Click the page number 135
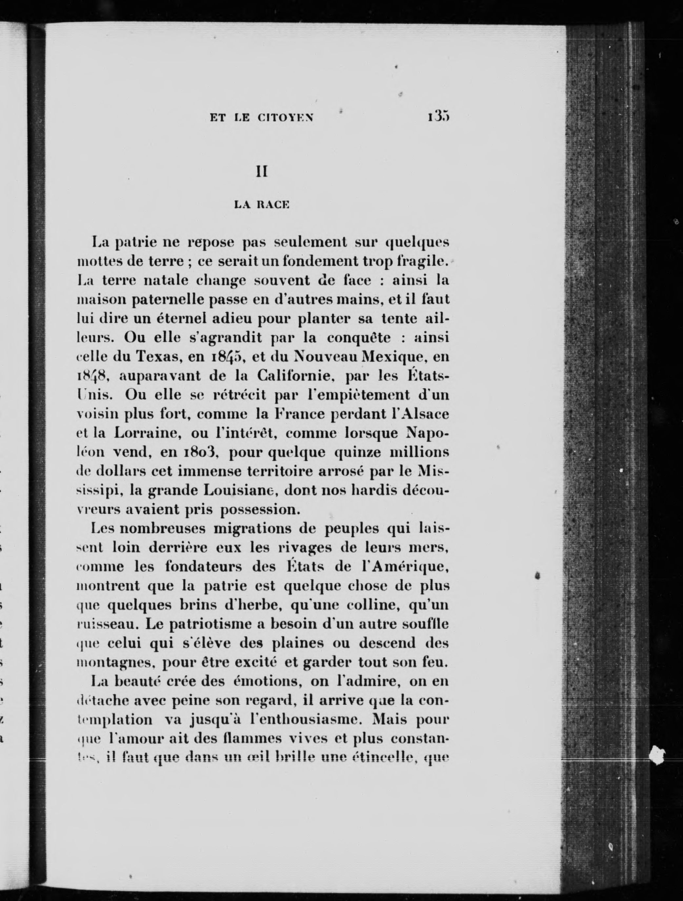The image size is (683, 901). coord(438,117)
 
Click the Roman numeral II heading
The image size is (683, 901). coord(261,172)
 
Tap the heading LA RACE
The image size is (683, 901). coord(261,205)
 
